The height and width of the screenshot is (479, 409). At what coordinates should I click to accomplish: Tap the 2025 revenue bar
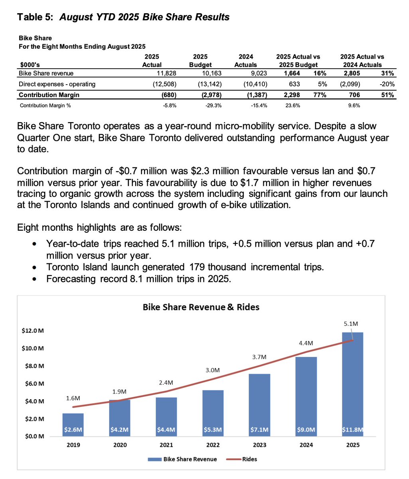353,383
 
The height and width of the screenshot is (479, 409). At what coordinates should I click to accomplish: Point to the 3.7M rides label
259,357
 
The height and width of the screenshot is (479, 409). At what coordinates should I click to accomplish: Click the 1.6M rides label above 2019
73,398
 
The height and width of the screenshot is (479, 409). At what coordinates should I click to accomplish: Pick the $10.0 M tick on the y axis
33,348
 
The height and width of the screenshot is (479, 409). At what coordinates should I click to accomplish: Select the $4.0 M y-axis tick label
33,401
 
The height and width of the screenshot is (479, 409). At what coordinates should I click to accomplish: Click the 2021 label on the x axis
166,445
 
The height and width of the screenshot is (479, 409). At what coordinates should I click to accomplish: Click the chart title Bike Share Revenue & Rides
201,307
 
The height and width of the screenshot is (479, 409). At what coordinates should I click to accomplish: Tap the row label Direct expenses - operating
57,84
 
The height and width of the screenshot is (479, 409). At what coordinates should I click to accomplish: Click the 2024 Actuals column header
245,61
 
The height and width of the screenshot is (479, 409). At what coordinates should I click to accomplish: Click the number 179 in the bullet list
193,267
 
